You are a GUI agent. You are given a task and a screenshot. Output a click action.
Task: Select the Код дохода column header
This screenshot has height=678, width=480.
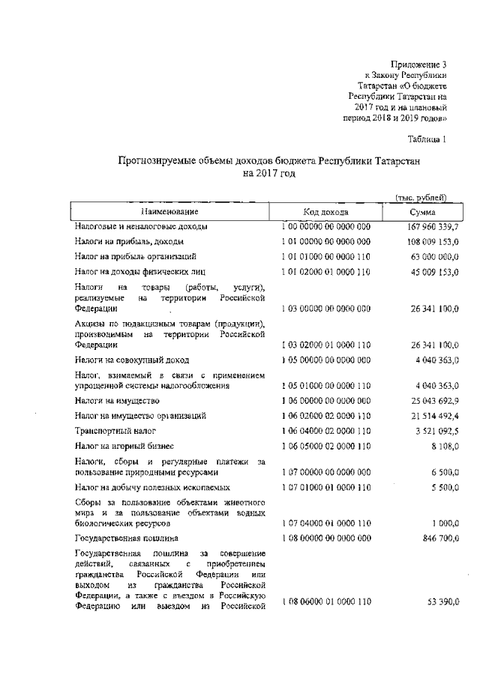pyautogui.click(x=325, y=212)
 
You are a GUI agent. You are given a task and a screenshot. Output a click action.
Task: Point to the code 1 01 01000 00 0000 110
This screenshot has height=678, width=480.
pyautogui.click(x=325, y=256)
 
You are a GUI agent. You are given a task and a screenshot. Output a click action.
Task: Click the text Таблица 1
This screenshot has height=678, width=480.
pyautogui.click(x=427, y=139)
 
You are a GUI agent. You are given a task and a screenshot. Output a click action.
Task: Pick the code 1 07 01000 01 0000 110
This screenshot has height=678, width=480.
pyautogui.click(x=325, y=488)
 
